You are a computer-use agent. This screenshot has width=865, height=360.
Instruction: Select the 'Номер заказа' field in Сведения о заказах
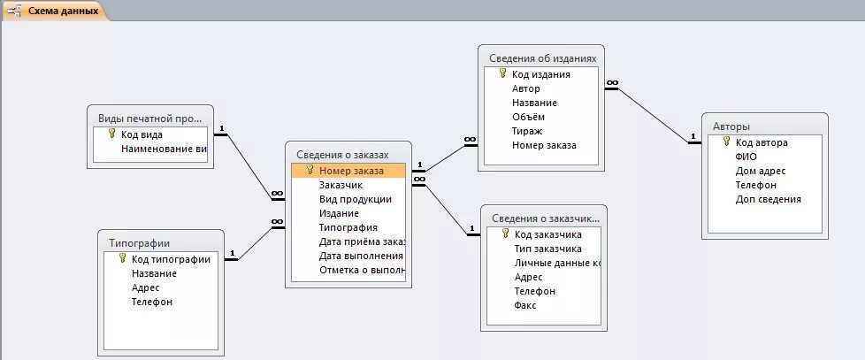[351, 171]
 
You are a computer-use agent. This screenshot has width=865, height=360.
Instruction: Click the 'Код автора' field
[761, 142]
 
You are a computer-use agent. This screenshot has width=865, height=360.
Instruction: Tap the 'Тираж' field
[526, 131]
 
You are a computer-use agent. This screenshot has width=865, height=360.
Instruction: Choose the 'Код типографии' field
[171, 259]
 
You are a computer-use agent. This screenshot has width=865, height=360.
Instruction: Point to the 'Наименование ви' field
[164, 149]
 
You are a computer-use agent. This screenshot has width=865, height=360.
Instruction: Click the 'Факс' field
[524, 305]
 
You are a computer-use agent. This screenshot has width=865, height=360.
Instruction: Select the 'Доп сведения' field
[768, 199]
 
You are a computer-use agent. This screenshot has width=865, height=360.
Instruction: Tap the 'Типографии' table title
[139, 242]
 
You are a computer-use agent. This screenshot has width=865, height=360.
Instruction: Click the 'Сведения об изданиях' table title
[542, 58]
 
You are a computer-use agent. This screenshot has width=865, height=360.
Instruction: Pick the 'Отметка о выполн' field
[362, 270]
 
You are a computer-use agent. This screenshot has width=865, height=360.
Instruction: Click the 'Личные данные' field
[557, 263]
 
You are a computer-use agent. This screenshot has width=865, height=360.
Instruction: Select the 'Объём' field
[528, 117]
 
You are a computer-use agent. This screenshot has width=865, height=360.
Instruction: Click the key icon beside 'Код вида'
[111, 134]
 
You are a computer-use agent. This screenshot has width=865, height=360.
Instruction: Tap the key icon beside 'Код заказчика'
[505, 234]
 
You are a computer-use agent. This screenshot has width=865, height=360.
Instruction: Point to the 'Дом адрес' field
[760, 171]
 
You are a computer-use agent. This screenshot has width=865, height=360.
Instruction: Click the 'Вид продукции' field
[355, 199]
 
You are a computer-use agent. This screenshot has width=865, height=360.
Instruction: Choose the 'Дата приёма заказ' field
[362, 241]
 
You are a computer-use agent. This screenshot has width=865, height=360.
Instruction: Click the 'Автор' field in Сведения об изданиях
[525, 88]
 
